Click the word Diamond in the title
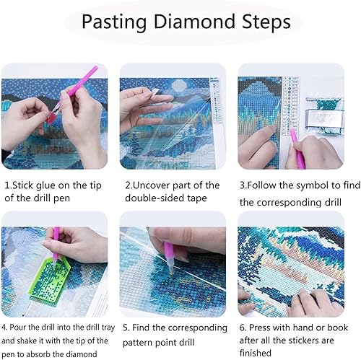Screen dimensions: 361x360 pos(194,22)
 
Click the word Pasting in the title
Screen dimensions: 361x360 pos(114,22)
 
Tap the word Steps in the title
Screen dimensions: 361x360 pos(266,22)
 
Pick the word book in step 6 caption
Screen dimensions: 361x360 pos(337,328)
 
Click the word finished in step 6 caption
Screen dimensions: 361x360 pos(256,353)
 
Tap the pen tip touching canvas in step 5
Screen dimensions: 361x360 pos(173,273)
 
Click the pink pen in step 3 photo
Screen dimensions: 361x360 pos(297,148)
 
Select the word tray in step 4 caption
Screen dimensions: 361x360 pos(108,328)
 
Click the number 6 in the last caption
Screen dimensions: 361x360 pos(243,328)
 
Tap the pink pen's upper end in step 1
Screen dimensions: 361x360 pos(96,67)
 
